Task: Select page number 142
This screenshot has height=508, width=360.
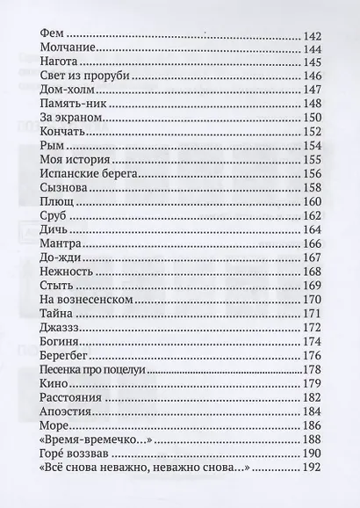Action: pyautogui.click(x=311, y=34)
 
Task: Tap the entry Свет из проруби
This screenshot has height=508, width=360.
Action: pyautogui.click(x=81, y=78)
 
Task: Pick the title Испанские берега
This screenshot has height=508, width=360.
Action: pyautogui.click(x=89, y=176)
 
